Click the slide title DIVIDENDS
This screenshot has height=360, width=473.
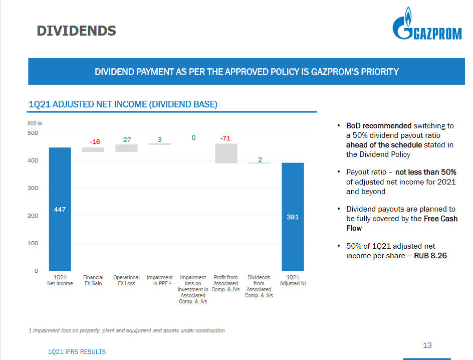point(76,31)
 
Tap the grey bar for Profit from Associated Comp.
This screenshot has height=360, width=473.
point(226,153)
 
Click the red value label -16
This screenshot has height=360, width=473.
point(94,142)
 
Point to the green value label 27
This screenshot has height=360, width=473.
point(127,139)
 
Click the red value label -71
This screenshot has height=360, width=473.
point(225,138)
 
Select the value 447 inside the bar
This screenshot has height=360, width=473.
point(60,209)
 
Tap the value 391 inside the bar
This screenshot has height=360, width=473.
point(293,217)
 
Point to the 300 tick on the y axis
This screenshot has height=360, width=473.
point(33,188)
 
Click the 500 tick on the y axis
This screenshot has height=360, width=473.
point(33,133)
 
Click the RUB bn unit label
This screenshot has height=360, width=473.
point(35,123)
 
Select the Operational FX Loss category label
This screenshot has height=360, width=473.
point(126,280)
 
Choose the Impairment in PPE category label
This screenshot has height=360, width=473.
point(159,280)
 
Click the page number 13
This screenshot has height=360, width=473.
point(427,345)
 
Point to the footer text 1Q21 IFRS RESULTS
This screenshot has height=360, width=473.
point(77,352)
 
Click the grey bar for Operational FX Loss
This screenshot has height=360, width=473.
point(126,148)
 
